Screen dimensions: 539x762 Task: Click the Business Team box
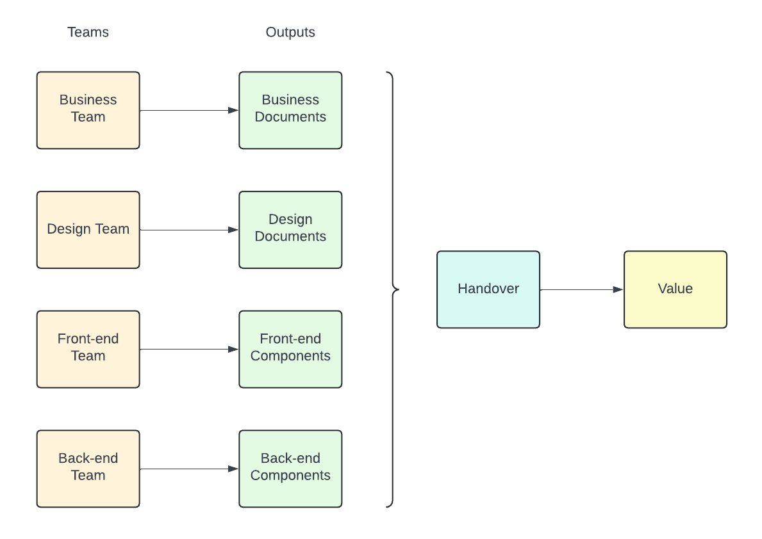[88, 110]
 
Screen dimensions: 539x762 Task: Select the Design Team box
[88, 229]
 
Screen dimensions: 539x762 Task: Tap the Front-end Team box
[88, 349]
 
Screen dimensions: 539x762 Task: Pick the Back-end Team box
[88, 469]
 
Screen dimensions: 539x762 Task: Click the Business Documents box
[290, 110]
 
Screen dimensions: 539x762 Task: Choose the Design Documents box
[290, 229]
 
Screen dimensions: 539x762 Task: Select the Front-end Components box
[290, 349]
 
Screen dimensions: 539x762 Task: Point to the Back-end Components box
[290, 469]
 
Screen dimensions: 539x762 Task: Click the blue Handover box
[488, 289]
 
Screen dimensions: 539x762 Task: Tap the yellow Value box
[675, 289]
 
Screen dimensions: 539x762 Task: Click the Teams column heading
[88, 32]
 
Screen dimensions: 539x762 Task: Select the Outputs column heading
[290, 32]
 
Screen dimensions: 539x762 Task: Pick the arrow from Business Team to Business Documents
[189, 110]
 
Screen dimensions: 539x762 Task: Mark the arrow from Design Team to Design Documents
[189, 230]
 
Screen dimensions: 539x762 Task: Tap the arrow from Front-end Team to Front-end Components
[189, 349]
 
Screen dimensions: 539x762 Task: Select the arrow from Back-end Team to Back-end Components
[189, 469]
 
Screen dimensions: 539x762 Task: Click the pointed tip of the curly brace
[398, 289]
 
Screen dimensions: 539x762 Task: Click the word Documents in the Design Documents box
[290, 237]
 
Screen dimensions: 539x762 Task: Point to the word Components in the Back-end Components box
[290, 476]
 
